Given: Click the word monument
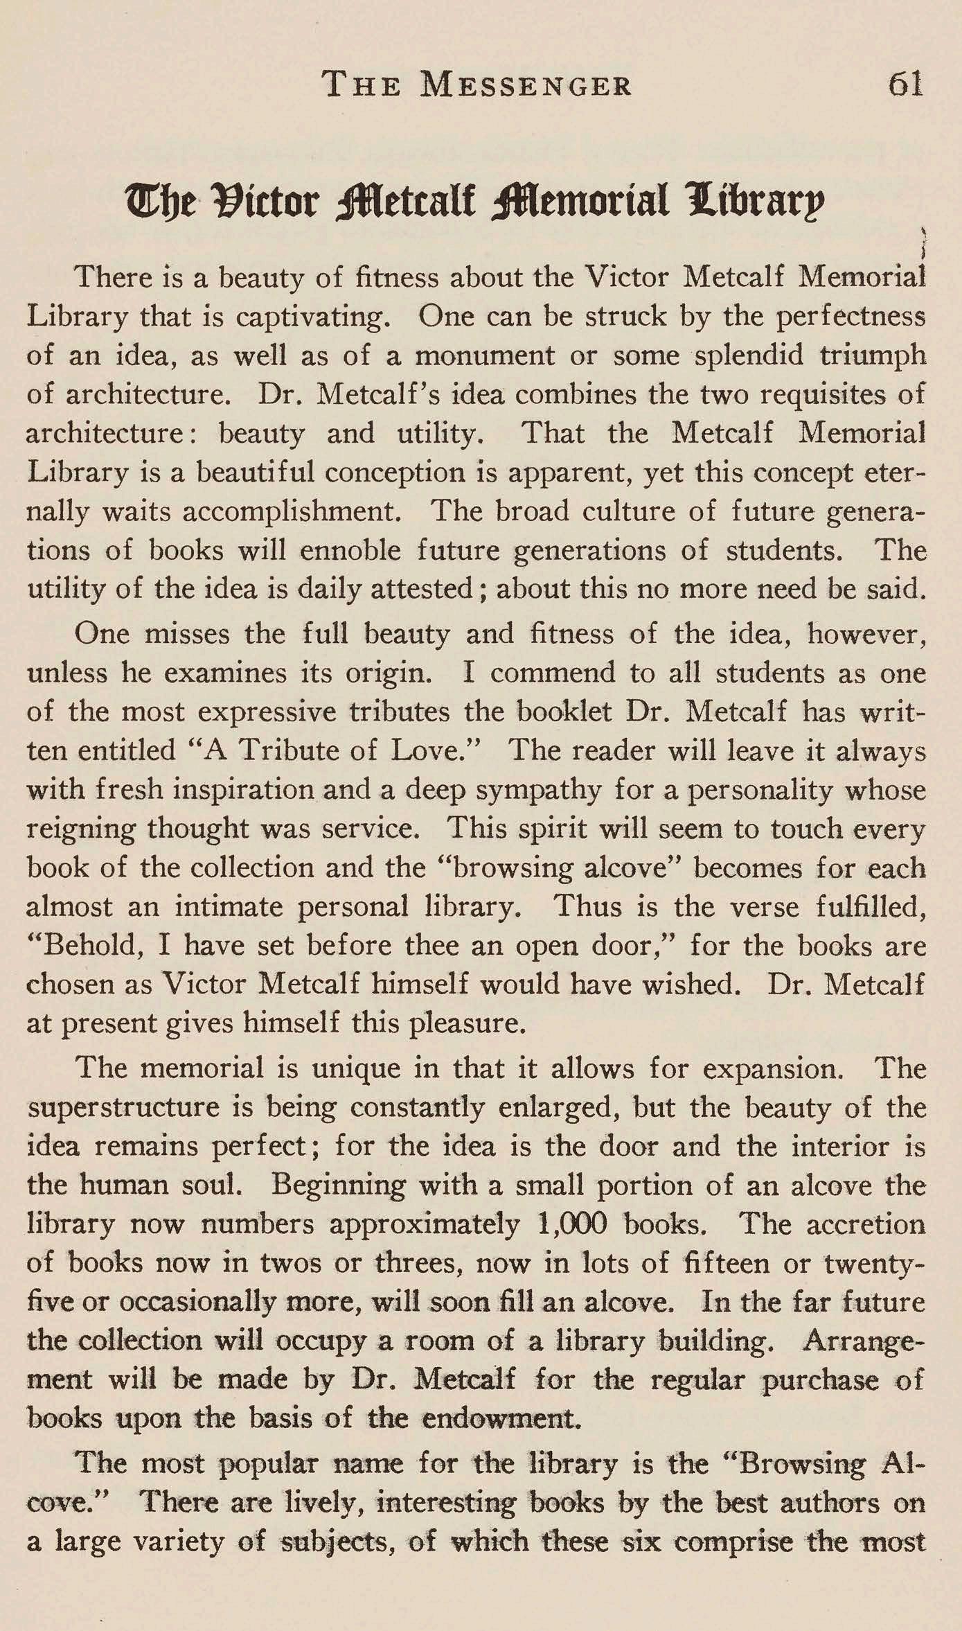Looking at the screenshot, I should pyautogui.click(x=484, y=356).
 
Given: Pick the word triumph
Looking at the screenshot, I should pyautogui.click(x=873, y=356).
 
